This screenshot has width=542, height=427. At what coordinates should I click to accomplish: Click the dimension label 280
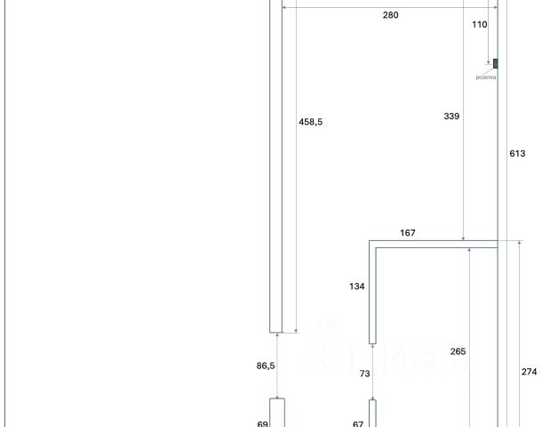(391, 15)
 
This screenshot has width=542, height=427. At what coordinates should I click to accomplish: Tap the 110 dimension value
(480, 25)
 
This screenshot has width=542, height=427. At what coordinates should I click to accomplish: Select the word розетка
(485, 77)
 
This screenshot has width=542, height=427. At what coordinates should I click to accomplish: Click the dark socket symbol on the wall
(495, 63)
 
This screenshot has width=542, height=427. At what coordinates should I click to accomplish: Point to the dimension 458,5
(310, 122)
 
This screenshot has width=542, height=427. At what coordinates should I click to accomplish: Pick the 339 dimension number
(450, 116)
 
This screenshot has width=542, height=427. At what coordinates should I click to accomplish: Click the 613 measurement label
(517, 153)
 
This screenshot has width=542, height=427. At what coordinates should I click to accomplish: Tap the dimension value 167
(408, 233)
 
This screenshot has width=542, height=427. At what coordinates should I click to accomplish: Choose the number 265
(458, 351)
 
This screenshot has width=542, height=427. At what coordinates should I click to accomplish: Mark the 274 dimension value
(529, 372)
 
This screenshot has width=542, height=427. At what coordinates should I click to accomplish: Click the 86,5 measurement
(264, 366)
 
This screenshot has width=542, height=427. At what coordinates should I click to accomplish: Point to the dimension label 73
(364, 375)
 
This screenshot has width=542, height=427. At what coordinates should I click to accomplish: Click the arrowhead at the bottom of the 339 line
(464, 238)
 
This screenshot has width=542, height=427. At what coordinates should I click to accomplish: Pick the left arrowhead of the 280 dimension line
(283, 8)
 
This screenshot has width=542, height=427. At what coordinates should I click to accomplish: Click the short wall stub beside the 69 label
(276, 414)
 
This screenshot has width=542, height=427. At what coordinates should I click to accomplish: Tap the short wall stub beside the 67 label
(373, 414)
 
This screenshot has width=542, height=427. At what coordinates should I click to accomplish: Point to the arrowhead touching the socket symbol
(490, 63)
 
